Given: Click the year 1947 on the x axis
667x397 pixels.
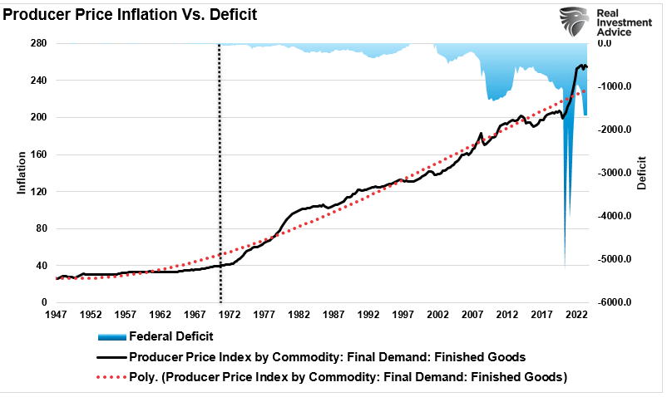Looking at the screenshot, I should click(x=57, y=316).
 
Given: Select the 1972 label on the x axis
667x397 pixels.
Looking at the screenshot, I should click(x=230, y=316).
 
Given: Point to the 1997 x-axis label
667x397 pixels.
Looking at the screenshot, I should click(x=403, y=316).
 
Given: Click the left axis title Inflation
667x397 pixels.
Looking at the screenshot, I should click(x=22, y=174).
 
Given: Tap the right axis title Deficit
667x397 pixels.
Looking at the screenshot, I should click(x=642, y=174).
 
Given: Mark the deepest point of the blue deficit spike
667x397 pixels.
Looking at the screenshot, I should click(x=565, y=267).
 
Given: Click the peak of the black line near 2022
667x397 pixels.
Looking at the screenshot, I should click(x=581, y=64).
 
